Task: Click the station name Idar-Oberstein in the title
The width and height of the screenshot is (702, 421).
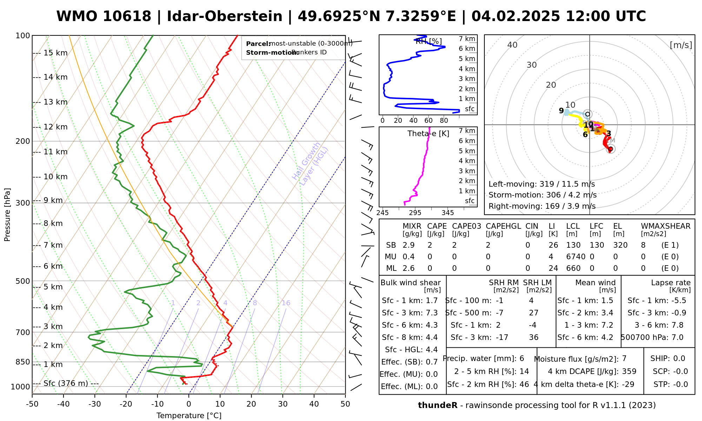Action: click(x=224, y=16)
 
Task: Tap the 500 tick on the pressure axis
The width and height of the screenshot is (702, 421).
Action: click(x=23, y=281)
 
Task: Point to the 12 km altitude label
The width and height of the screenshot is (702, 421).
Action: click(x=55, y=127)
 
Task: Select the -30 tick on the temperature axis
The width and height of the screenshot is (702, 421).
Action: click(x=95, y=404)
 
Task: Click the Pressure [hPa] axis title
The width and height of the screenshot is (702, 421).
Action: click(x=7, y=215)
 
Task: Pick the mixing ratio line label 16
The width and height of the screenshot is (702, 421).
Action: click(x=286, y=303)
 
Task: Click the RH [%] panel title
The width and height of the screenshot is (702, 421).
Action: click(x=429, y=41)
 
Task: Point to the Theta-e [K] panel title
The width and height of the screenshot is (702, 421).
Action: click(x=428, y=134)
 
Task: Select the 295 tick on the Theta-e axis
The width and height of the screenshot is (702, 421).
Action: click(x=415, y=213)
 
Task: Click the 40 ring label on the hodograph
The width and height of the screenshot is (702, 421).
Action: click(x=512, y=45)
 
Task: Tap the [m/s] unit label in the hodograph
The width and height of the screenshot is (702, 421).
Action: click(x=681, y=45)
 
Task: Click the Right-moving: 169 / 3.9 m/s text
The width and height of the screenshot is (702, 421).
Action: click(x=542, y=206)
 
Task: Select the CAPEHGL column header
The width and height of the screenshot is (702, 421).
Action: click(x=503, y=226)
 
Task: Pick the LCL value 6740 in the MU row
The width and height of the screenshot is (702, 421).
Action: click(x=576, y=257)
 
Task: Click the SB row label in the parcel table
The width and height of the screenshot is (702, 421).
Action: click(x=391, y=245)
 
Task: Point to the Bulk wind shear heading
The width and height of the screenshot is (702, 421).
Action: click(x=410, y=283)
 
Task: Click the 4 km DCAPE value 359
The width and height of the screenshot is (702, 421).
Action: click(x=629, y=372)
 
